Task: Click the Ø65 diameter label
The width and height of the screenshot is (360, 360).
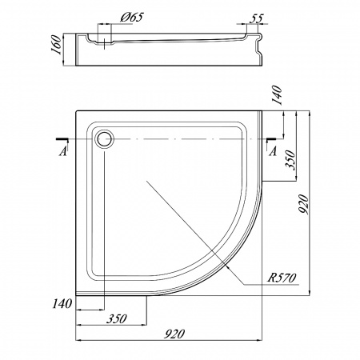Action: point(132,18)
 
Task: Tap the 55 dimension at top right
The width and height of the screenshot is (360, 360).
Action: point(256,18)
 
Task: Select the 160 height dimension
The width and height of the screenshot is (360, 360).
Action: point(57,45)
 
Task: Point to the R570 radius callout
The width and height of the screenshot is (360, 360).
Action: point(282,278)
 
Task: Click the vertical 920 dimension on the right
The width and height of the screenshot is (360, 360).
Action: point(303,204)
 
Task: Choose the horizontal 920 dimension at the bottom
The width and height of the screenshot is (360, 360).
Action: point(174,334)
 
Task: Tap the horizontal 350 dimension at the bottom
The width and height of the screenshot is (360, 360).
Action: point(117,318)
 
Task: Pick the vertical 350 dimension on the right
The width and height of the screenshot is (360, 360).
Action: point(290,160)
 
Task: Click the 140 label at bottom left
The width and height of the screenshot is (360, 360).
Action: point(62,303)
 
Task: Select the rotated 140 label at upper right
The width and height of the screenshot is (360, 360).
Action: point(277,95)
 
